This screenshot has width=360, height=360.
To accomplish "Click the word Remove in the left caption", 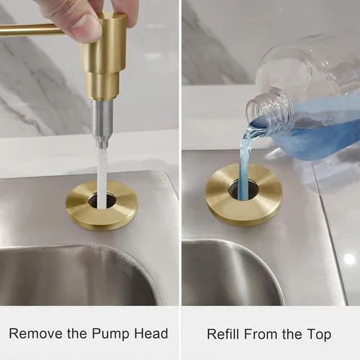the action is coord(36,333).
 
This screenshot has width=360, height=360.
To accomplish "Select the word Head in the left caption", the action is coord(151,333).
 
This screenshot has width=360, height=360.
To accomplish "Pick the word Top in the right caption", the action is coord(319,335).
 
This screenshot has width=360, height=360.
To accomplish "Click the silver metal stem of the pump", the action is coord(103,125).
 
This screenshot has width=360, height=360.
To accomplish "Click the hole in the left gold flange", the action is coord(102,201).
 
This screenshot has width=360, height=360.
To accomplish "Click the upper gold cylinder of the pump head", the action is coord(103,45).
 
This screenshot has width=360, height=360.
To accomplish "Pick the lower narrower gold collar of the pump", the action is coord(103,86).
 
